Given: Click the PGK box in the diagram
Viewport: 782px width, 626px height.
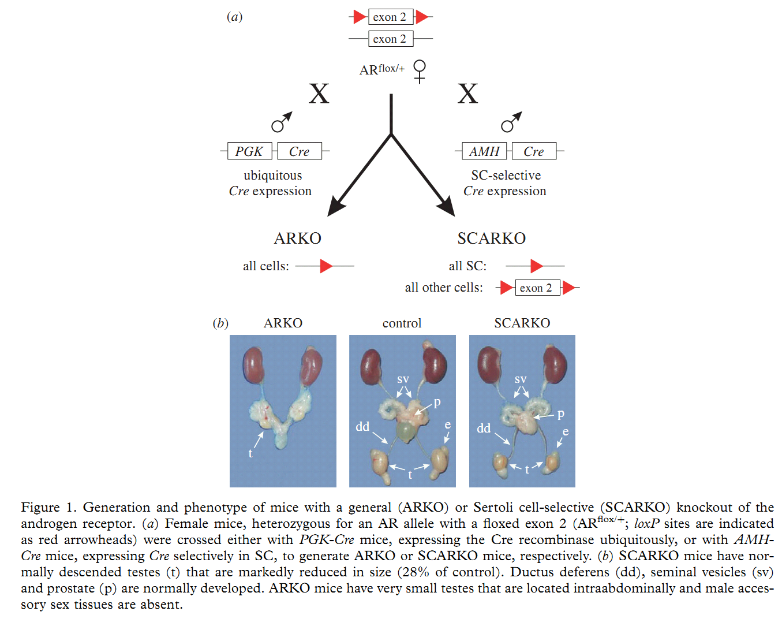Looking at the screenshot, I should coord(249,151).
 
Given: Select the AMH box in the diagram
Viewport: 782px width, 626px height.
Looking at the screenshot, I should coord(484,151).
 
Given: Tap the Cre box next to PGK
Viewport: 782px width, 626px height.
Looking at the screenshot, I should coord(299,151).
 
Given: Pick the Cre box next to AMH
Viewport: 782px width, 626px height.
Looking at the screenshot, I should coord(534,151).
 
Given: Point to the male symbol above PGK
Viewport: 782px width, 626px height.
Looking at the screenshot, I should coord(282,122).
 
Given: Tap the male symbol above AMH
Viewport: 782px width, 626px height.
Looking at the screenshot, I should coord(511,122).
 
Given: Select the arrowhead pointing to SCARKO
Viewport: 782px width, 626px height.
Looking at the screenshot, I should coord(447,207).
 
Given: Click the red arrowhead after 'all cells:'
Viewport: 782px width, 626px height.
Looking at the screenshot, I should coord(326,266).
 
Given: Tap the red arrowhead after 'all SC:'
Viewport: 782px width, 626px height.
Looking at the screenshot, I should coord(537,266).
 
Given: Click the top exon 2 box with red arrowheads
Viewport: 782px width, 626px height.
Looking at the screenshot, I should coord(390,17).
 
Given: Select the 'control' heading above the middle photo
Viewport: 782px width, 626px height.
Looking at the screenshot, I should coord(402,323).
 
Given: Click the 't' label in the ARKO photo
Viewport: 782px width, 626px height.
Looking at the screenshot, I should coord(250,453).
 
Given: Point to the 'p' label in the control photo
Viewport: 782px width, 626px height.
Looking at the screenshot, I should coord(437,403).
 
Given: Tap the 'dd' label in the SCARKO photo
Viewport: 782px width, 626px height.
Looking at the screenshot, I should coord(484,428).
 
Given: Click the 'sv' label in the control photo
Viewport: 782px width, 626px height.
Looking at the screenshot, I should coord(403,379).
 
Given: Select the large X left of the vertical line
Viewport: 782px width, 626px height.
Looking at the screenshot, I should coord(319,93).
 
